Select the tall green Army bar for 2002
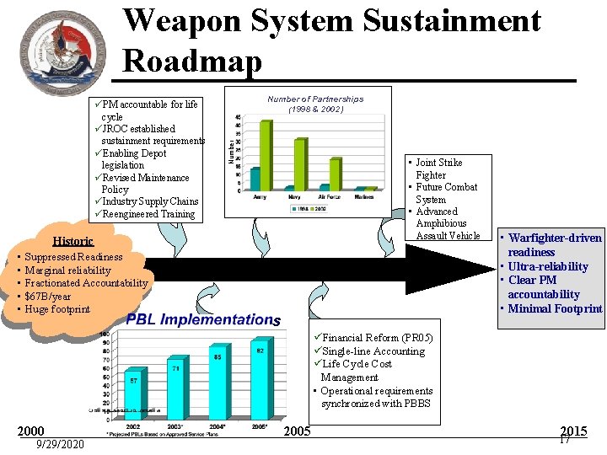(x=266, y=156)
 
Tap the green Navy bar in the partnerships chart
(x=300, y=164)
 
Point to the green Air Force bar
(x=336, y=174)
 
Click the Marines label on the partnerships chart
(x=364, y=196)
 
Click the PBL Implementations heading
(x=203, y=319)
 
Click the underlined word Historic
(x=73, y=241)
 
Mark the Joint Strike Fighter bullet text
(x=438, y=169)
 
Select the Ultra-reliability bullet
(x=548, y=266)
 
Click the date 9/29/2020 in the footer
(x=59, y=444)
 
